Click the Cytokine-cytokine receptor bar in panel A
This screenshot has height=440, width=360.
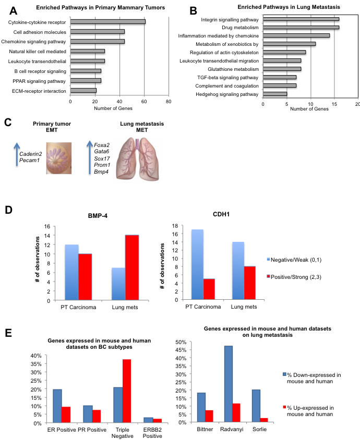point(107,21)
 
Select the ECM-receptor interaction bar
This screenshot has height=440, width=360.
point(83,91)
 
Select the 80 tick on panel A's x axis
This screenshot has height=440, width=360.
point(169,102)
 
